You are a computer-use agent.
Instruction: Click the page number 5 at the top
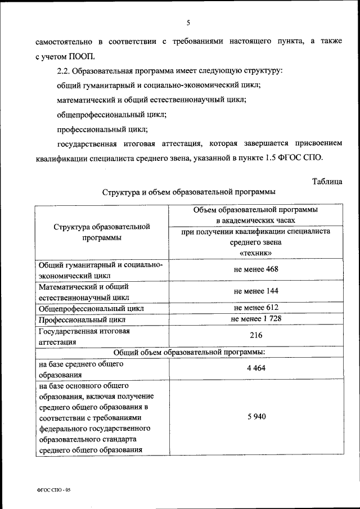click(x=188, y=22)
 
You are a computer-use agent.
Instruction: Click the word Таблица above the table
click(x=326, y=181)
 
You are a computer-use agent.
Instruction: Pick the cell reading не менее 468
click(x=256, y=269)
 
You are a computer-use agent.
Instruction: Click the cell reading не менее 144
click(x=256, y=291)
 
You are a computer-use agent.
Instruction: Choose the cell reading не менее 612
click(x=256, y=308)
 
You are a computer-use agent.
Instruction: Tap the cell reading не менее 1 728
click(x=256, y=319)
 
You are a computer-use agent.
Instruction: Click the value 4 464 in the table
click(x=256, y=368)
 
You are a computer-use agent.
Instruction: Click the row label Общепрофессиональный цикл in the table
click(x=91, y=308)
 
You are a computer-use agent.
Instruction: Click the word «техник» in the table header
click(x=256, y=253)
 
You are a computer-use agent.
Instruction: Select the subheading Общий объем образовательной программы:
click(x=189, y=352)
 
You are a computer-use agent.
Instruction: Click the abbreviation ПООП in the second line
click(x=82, y=56)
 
